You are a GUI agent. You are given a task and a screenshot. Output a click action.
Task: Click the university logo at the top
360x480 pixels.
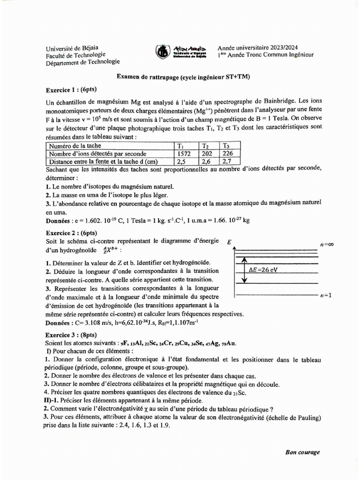163,52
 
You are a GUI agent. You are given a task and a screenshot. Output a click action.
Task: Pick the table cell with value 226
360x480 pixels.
228,153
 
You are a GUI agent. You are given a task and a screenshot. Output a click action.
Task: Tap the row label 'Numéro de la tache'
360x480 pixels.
75,146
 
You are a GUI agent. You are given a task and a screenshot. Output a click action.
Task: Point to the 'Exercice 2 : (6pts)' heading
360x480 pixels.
71,232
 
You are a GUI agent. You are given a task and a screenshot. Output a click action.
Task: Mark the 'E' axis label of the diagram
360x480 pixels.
229,242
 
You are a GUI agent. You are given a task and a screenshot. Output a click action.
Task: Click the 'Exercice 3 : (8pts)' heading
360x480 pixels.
71,335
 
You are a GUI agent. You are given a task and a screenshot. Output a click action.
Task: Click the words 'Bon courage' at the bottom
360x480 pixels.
303,452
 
